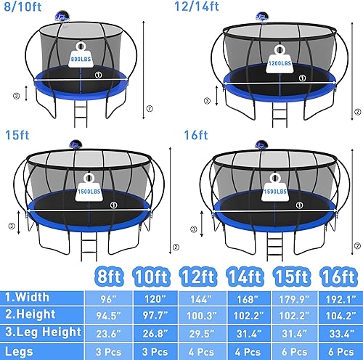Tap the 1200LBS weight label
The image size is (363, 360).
277,64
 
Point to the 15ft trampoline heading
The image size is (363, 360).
15,134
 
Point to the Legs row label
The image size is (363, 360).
20,351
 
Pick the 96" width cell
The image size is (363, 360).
107,296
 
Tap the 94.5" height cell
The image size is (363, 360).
107,315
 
